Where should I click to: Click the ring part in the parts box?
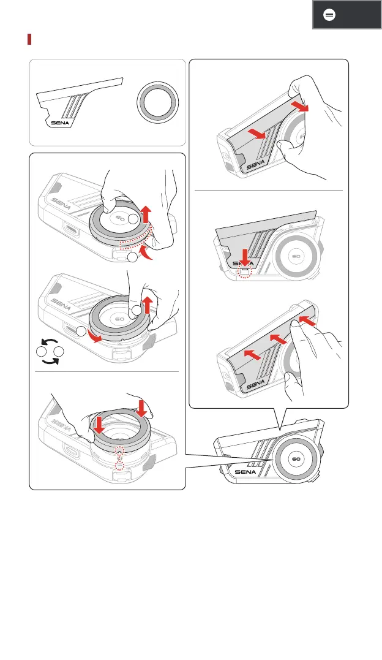[158, 101]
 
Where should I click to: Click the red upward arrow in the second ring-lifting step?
[146, 303]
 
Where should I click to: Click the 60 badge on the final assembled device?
[296, 458]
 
